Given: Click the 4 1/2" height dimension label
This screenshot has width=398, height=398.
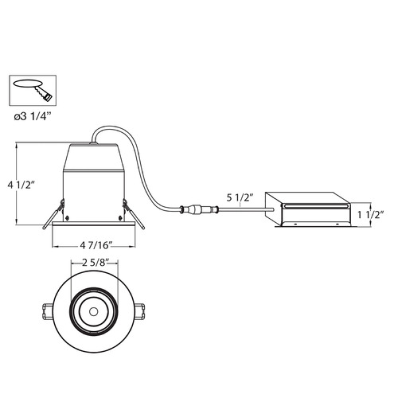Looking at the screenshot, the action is (21, 185).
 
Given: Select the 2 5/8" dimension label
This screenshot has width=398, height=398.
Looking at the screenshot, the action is (96, 263).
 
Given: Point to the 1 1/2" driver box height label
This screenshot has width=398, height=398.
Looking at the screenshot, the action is (371, 214).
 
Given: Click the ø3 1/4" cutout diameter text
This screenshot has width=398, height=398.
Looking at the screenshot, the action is (32, 116).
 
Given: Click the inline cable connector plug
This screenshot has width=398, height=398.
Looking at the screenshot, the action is (199, 209).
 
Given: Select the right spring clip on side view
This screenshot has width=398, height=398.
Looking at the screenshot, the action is (134, 214).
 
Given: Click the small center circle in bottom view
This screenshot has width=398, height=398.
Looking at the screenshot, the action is (93, 312).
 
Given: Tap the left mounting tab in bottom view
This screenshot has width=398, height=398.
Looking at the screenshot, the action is (48, 312).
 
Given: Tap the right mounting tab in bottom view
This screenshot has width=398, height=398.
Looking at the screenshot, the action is (139, 312).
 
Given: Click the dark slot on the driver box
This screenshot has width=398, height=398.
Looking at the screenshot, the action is (316, 205).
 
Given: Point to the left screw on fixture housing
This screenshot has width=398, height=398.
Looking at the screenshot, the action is (68, 218).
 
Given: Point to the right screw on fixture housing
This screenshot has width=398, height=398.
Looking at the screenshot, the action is (120, 218).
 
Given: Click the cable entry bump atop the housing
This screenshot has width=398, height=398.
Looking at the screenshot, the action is (93, 143).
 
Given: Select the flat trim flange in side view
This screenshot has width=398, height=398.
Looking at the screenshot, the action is (94, 224).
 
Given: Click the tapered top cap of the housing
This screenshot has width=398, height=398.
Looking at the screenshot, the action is (93, 158).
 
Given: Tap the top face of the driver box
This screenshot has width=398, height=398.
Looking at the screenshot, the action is (309, 198).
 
